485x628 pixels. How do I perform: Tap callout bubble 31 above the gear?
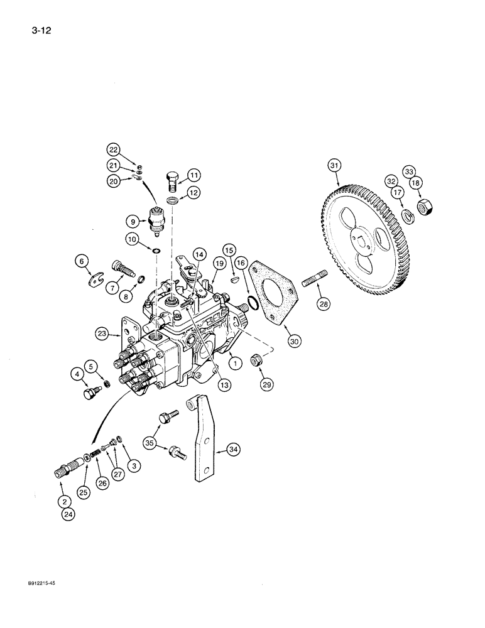pos(334,166)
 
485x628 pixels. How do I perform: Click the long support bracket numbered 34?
pos(202,440)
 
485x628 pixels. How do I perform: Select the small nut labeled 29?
pos(255,362)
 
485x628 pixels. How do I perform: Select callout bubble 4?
pos(78,376)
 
